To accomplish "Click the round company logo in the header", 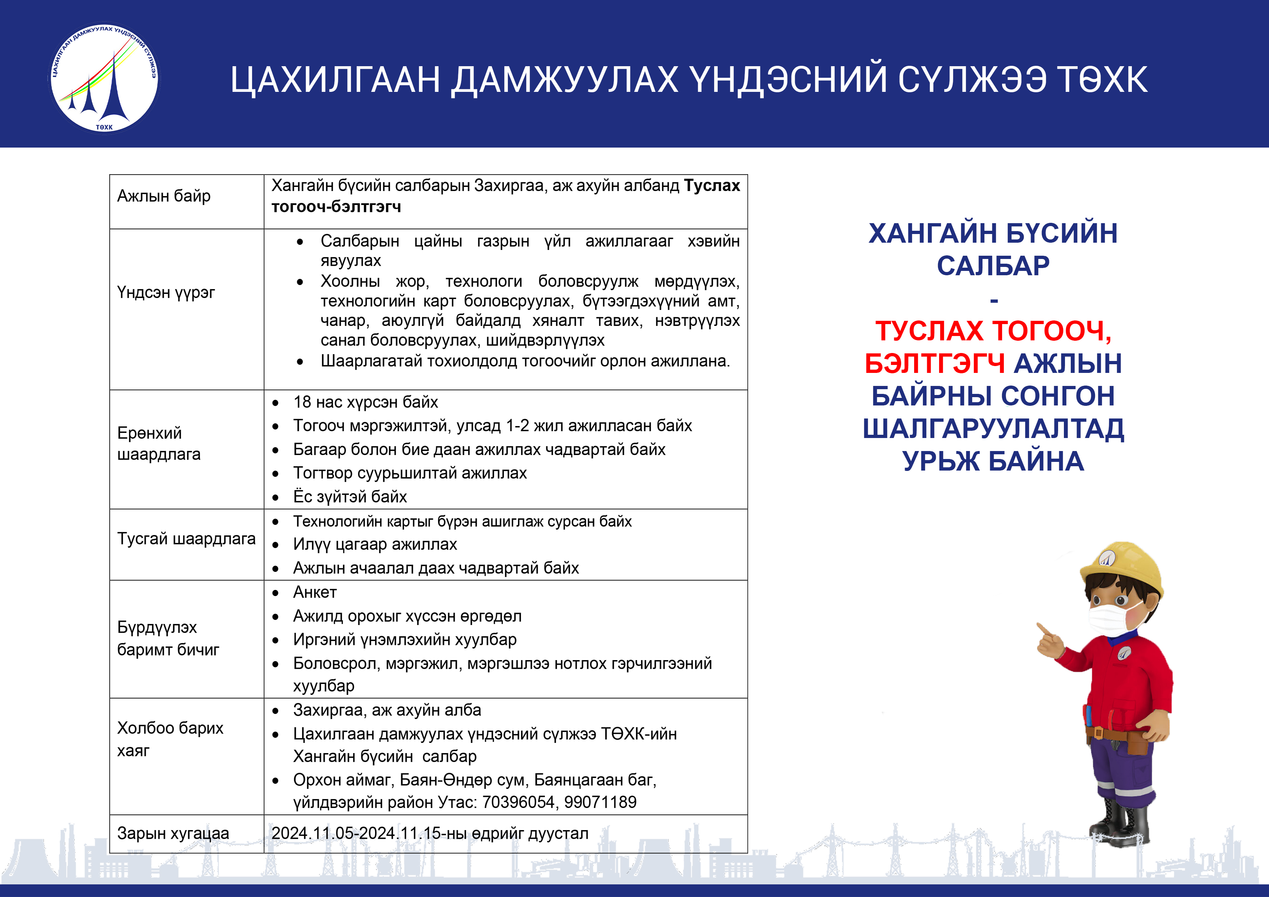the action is click(x=103, y=78).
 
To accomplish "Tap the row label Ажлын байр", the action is click(x=164, y=196).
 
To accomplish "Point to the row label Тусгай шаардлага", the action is click(x=186, y=539).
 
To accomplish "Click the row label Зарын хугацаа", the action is click(x=173, y=833).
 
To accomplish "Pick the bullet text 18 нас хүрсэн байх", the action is click(x=365, y=402).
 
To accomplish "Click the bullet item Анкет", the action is click(x=314, y=592).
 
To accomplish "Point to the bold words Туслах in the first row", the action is click(x=712, y=186).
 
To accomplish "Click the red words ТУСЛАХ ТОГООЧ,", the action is click(x=993, y=331).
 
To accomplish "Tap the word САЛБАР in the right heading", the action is click(x=993, y=266).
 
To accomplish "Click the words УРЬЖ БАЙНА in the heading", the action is click(x=993, y=462).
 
